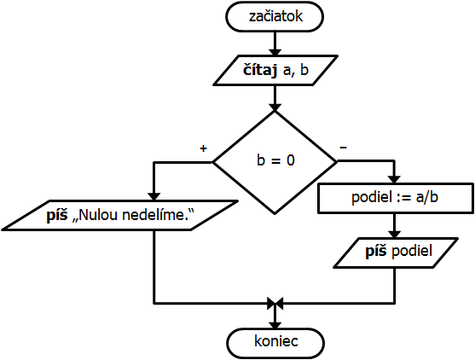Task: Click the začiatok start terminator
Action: (275, 17)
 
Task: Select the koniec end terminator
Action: (275, 343)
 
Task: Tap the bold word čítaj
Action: (260, 71)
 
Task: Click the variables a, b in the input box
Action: (296, 70)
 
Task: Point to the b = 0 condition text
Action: (275, 160)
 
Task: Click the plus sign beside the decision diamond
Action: (203, 148)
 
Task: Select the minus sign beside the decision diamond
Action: (343, 148)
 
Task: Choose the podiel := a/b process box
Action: (396, 198)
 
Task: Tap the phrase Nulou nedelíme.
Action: (133, 215)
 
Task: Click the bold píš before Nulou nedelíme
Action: (57, 215)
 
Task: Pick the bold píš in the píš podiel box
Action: (375, 251)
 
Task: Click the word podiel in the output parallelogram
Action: (412, 251)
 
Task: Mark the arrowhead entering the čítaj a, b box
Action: (275, 52)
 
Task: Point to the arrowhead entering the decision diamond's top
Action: (275, 107)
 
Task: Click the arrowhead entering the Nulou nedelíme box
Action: (154, 196)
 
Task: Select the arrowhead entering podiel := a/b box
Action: (394, 179)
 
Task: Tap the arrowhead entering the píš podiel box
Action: (394, 235)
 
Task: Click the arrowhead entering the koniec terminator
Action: (275, 325)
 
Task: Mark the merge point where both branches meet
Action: (275, 303)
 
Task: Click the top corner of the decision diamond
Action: (275, 111)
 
